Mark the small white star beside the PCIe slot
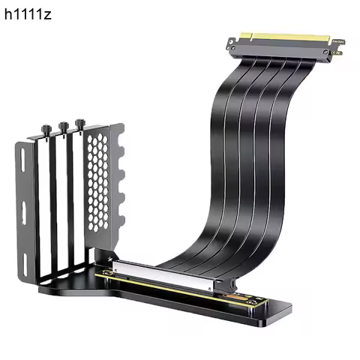[x=110, y=259]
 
